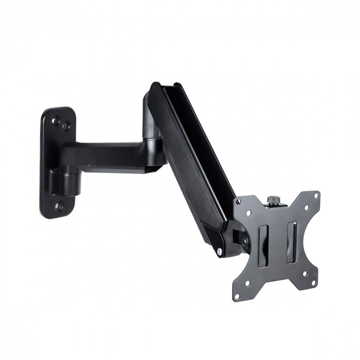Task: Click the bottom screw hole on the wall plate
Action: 59,206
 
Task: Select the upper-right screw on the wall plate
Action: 66,126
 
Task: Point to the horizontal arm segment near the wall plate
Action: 108,153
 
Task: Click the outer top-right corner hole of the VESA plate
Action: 316,195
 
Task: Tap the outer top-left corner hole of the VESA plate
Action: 238,203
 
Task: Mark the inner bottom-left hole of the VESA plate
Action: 248,283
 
